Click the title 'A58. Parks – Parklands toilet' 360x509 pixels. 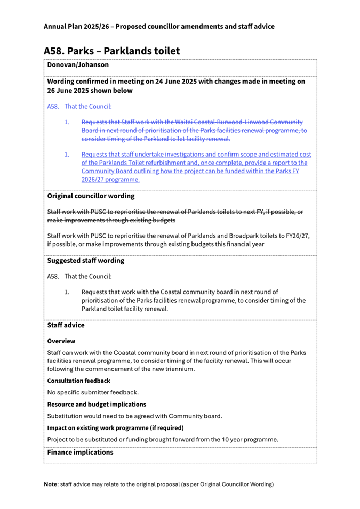click(111, 51)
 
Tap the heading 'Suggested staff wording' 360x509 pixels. click(85, 261)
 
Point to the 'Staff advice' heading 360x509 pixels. click(66, 325)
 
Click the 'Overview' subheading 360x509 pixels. click(61, 341)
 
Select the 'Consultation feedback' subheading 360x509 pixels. click(78, 381)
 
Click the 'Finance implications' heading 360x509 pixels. click(80, 452)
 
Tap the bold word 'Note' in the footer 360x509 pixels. click(51, 484)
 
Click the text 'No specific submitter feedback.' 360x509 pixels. click(93, 392)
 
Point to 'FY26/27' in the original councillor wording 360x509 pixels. click(298, 235)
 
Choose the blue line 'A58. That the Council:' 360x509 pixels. click(79, 107)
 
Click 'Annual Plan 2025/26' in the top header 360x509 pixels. click(77, 26)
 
